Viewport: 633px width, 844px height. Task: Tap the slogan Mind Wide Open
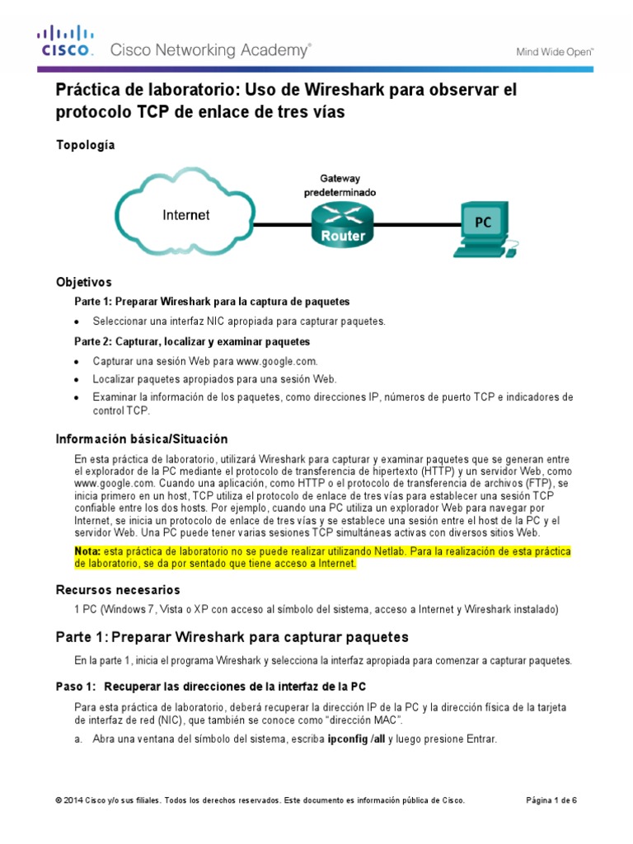pyautogui.click(x=555, y=51)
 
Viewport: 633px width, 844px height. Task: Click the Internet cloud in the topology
pyautogui.click(x=185, y=215)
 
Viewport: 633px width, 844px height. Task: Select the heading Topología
pyautogui.click(x=85, y=145)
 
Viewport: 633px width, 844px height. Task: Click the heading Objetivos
pyautogui.click(x=83, y=282)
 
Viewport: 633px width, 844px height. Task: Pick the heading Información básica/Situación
pyautogui.click(x=141, y=438)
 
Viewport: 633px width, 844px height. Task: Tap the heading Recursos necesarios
pyautogui.click(x=117, y=590)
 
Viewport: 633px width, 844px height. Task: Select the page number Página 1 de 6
pyautogui.click(x=551, y=800)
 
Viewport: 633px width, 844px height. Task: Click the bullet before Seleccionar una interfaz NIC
pyautogui.click(x=77, y=321)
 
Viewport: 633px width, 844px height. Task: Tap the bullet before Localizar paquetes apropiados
pyautogui.click(x=77, y=379)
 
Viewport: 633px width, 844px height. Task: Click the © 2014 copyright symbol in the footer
pyautogui.click(x=59, y=800)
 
